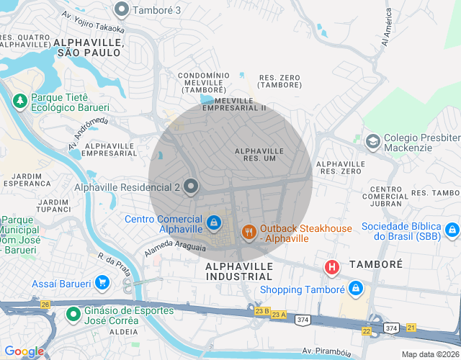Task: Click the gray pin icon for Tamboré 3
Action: (122, 10)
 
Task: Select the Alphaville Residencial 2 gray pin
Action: (191, 187)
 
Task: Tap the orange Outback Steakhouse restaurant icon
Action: (249, 232)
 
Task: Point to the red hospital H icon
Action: (332, 268)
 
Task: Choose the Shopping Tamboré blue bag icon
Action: (355, 289)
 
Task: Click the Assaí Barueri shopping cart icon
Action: (102, 283)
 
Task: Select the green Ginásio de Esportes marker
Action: (73, 315)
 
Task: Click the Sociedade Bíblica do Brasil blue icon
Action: (452, 230)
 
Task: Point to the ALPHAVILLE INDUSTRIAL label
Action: (239, 271)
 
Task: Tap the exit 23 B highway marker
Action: (261, 312)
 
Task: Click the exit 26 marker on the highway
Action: (45, 305)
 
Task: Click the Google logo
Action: (24, 351)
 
